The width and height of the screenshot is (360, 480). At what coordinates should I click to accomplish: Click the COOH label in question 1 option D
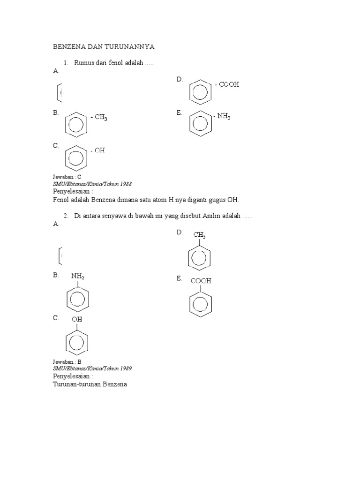coord(229,84)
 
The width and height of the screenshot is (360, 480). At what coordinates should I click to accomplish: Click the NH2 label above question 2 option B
coord(78,276)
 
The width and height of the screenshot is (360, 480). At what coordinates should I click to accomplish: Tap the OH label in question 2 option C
coord(76,319)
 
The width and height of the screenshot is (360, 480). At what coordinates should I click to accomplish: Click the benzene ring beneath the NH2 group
coord(77,298)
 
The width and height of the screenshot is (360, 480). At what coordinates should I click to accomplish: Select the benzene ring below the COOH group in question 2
coord(201,303)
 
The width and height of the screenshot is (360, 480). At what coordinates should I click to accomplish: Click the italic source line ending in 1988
coord(92,184)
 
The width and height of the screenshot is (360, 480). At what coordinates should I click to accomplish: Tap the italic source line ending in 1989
coord(92,369)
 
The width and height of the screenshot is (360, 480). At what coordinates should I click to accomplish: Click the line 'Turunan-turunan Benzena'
coord(90,384)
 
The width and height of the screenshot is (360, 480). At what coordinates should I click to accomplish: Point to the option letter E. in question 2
coord(179,278)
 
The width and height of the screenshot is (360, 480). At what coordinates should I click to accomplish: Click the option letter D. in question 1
coord(179,80)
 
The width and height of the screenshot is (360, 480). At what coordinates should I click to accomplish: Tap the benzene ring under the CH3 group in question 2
coord(199,257)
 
